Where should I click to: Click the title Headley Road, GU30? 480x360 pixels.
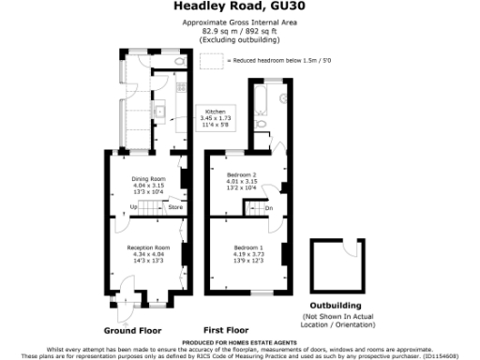[239, 7]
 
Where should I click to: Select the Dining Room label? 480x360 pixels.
[148, 178]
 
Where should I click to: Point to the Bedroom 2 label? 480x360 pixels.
[242, 174]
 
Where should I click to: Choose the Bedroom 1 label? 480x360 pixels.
[249, 246]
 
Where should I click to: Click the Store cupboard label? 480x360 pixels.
[174, 206]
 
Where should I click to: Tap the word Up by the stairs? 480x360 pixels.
[133, 206]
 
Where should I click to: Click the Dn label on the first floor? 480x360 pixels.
[268, 208]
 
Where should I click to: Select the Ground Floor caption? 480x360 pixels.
[132, 331]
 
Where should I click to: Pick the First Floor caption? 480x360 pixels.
[226, 331]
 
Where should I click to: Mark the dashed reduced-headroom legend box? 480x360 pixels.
[212, 60]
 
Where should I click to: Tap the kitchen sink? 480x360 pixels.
[160, 113]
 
